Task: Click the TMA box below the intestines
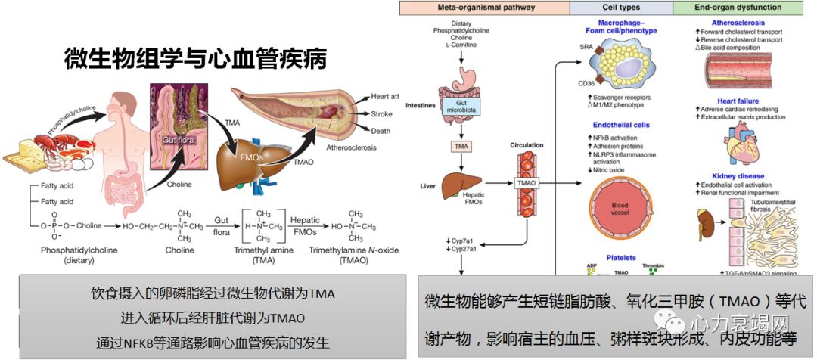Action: (x=461, y=145)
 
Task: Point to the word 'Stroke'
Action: (x=382, y=113)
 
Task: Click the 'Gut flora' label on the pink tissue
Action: (x=176, y=140)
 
